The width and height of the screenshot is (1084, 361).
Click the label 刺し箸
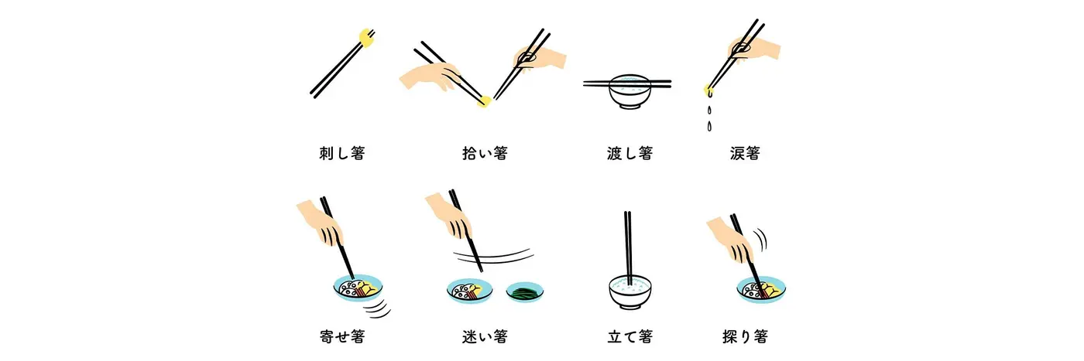point(341,153)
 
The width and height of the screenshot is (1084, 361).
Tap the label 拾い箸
point(484,153)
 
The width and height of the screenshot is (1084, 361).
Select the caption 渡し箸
point(629,153)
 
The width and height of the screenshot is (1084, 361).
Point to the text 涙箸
point(744,153)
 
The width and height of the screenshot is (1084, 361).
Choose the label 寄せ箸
point(341,336)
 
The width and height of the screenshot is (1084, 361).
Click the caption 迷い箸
point(484,336)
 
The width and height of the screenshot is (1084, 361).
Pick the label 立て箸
point(629,336)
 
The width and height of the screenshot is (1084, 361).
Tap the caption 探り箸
point(744,336)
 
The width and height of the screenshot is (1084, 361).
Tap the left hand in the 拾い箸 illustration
point(430,76)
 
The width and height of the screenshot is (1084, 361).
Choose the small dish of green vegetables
point(525,292)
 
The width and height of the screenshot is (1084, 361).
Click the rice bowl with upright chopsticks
point(629,292)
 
